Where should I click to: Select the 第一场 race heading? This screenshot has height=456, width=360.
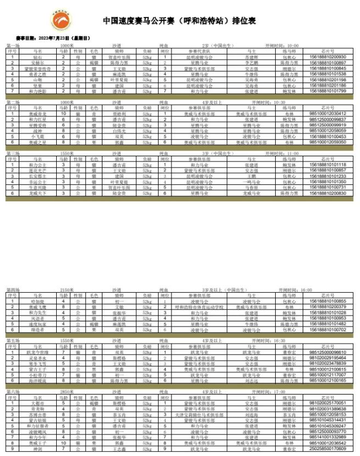click(13, 45)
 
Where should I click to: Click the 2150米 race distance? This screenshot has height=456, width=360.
click(67, 290)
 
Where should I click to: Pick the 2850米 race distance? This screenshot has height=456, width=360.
click(67, 392)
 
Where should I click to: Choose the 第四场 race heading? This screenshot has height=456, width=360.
click(13, 290)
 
